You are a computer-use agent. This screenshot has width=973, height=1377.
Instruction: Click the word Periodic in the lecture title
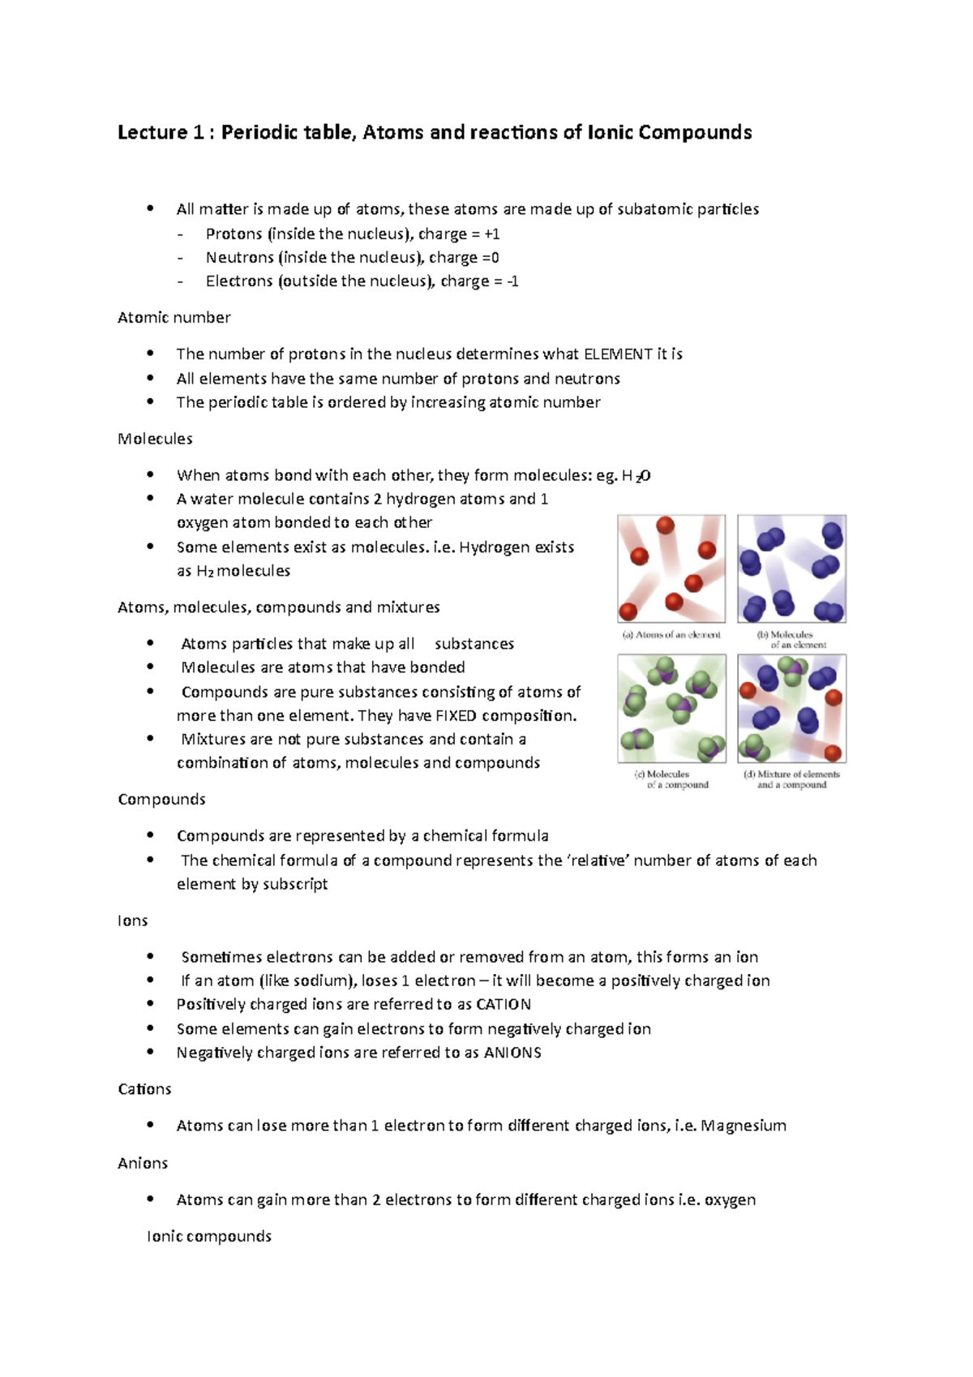262,132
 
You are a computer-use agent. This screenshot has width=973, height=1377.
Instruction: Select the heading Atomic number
174,317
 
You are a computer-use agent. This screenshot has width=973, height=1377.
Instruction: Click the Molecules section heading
155,439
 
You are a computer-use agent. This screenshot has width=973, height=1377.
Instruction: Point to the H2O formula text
636,475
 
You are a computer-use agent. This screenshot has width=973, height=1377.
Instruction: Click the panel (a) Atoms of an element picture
671,568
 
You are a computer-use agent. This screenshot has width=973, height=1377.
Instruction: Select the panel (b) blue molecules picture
791,568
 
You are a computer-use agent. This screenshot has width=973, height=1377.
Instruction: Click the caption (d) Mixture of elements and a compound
791,779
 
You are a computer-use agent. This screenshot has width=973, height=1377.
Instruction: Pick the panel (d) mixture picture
791,708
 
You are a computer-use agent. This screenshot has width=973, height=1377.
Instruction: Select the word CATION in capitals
503,1004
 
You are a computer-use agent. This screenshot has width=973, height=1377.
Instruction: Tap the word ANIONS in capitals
512,1052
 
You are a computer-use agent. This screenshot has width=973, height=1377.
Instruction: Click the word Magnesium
744,1125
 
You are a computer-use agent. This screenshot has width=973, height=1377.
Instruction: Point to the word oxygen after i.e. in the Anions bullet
730,1199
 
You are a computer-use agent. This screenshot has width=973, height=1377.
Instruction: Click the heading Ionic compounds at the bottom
208,1236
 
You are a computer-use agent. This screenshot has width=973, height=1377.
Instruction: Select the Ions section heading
132,920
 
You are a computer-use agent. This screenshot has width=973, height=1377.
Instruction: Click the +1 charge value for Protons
491,234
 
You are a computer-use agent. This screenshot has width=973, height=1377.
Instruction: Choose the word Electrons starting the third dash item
238,281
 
